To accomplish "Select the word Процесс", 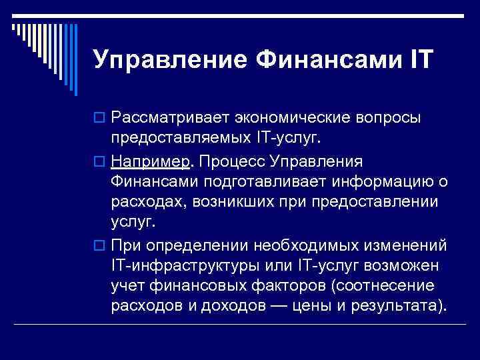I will pos(226,163).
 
